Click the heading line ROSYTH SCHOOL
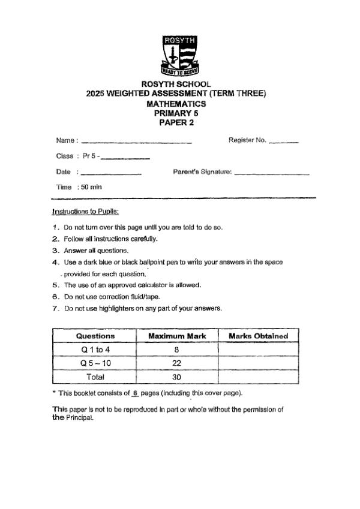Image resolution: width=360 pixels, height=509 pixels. [176, 85]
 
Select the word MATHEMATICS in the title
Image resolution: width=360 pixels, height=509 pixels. [176, 104]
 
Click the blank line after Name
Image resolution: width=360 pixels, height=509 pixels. [136, 142]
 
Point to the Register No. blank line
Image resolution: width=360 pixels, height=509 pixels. [284, 142]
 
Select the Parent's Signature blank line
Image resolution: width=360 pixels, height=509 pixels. [272, 173]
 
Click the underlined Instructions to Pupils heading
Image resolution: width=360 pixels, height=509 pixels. [86, 212]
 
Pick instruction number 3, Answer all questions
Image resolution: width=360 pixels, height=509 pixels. [95, 251]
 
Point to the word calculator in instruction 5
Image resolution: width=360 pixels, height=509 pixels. [155, 285]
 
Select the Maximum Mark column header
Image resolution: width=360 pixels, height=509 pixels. [177, 336]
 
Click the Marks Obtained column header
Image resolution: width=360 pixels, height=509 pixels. [259, 336]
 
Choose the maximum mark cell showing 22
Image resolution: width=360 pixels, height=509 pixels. [177, 363]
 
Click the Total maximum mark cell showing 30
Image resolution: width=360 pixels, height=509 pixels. [177, 377]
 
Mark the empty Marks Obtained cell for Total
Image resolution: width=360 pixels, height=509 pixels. [259, 377]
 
